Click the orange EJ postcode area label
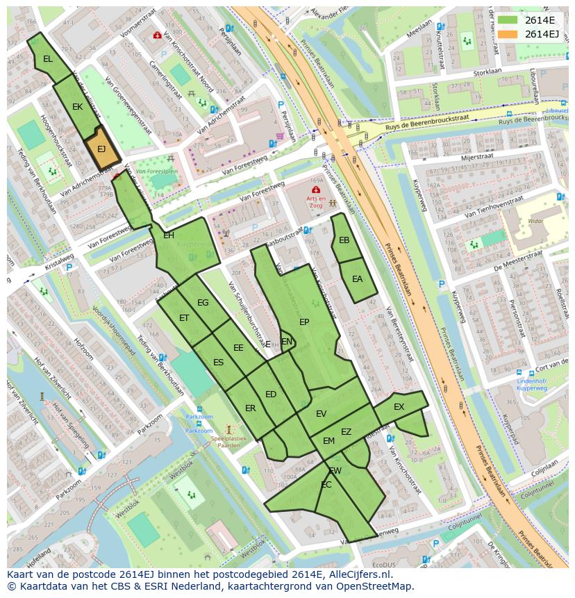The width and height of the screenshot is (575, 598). [101, 149]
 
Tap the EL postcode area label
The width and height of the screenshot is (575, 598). [47, 59]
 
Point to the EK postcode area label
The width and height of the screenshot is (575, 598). [78, 107]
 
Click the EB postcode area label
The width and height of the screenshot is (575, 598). [344, 240]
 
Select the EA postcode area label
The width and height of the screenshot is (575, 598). [358, 279]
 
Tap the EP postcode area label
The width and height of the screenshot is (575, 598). [304, 322]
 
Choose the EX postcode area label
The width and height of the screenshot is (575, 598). [399, 407]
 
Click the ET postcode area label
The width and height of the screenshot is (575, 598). [184, 318]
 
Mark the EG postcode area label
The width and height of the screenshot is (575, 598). [203, 303]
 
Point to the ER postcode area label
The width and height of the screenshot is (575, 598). [250, 408]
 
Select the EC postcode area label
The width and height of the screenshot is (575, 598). [326, 485]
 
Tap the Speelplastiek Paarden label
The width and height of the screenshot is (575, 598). [229, 442]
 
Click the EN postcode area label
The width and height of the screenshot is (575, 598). [287, 341]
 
